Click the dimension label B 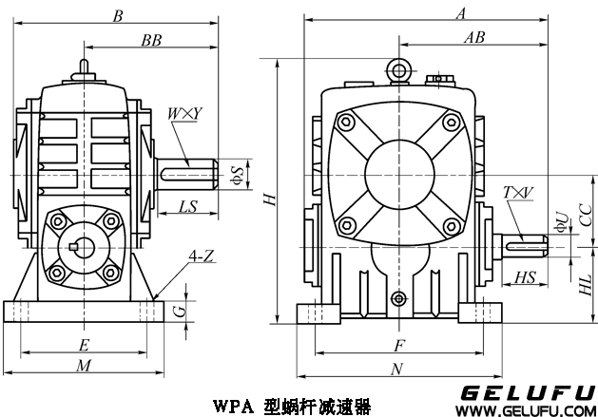tap(118, 16)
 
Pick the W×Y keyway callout tap(184, 115)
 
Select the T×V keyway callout tap(518, 193)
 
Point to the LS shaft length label tap(187, 205)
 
